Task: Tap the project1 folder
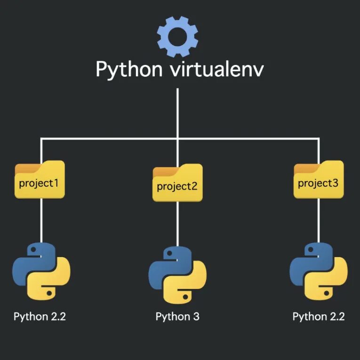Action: (x=40, y=181)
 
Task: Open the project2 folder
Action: (x=177, y=184)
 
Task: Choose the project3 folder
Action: (x=319, y=182)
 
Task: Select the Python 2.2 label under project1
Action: (x=40, y=316)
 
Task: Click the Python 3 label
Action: (x=177, y=316)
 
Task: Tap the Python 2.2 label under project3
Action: (x=319, y=316)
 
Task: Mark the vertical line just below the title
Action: (x=177, y=113)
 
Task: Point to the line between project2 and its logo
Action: (x=177, y=224)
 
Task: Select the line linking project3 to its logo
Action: (x=319, y=221)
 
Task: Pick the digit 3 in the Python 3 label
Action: (x=196, y=316)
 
